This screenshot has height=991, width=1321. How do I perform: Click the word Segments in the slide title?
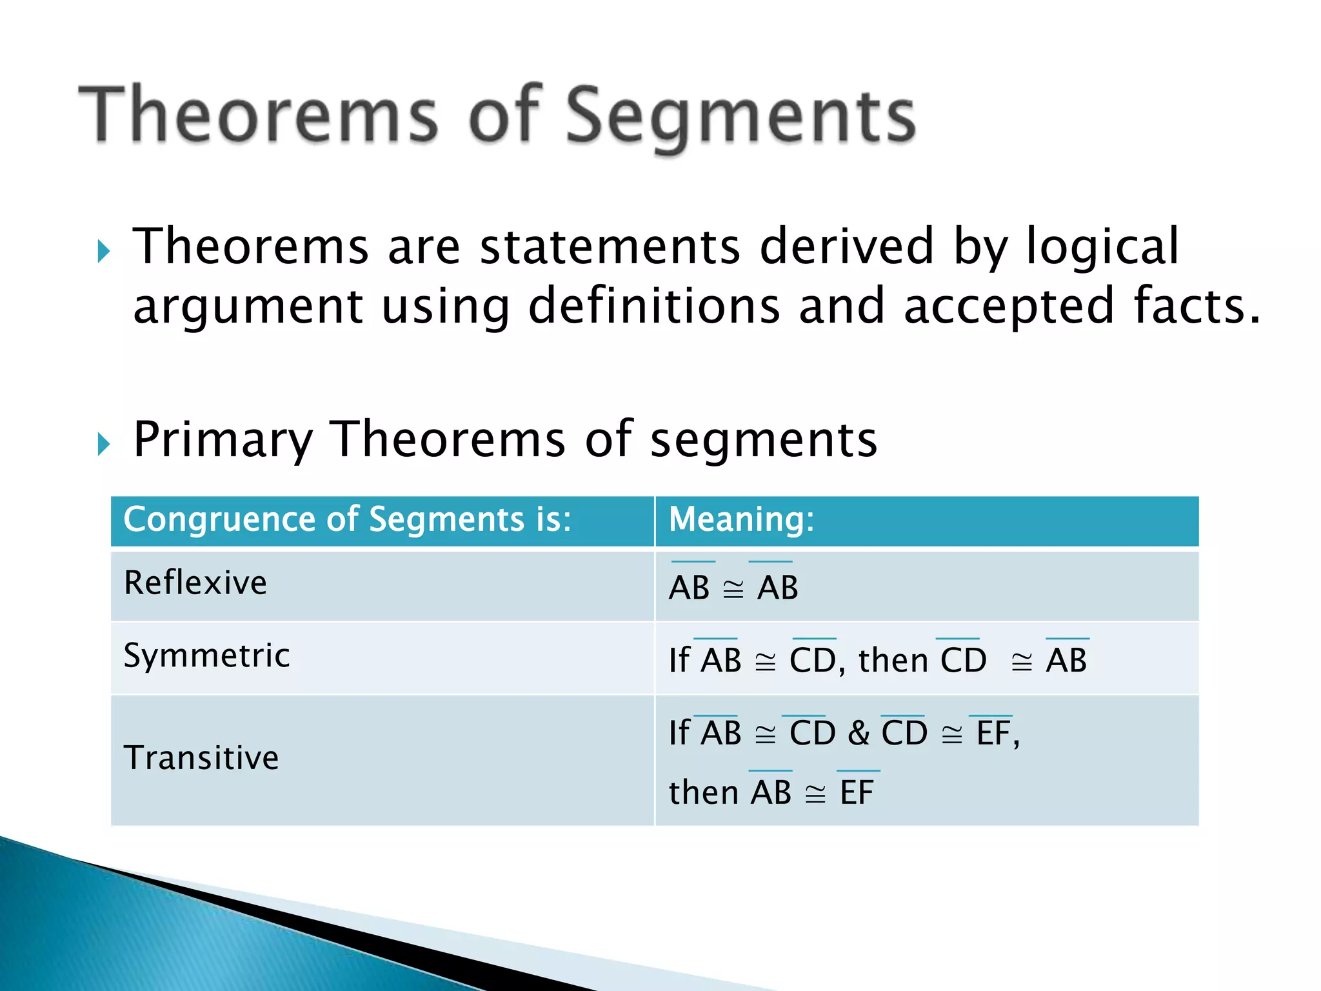740,116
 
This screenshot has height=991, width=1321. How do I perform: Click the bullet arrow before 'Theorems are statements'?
103,251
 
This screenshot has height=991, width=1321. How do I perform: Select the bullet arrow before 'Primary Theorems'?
103,444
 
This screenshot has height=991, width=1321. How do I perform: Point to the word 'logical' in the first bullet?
1102,246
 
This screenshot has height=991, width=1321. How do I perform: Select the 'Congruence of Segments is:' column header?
347,519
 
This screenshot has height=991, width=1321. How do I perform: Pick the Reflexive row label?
195,583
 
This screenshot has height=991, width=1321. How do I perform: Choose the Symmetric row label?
206,656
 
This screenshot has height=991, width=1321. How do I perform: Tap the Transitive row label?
201,757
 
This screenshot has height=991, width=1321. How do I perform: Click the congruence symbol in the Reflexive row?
733,589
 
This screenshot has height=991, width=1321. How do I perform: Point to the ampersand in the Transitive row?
859,734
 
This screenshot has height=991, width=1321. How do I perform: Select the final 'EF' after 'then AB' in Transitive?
857,792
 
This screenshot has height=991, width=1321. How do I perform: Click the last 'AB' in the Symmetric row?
1066,661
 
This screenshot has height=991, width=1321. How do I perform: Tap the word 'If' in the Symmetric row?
679,661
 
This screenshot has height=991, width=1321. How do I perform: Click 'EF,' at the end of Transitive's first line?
997,734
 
